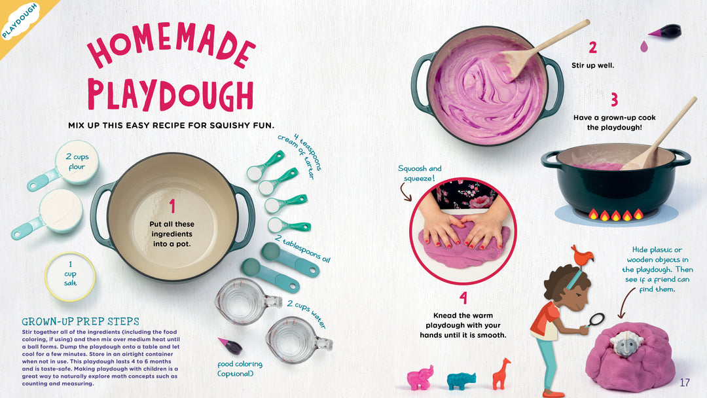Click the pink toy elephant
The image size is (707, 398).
(420, 377)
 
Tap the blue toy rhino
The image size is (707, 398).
(462, 380)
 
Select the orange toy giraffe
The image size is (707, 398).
(501, 374)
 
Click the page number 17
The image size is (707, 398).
(685, 383)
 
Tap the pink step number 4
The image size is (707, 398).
(463, 298)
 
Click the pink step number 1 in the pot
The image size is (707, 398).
(172, 206)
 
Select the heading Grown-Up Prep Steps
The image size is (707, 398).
(81, 321)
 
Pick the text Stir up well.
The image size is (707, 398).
(592, 65)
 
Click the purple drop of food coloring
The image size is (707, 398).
(644, 46)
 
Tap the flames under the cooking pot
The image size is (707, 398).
(616, 214)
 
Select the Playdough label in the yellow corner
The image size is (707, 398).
(20, 21)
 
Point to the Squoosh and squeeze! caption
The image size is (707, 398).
(420, 173)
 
